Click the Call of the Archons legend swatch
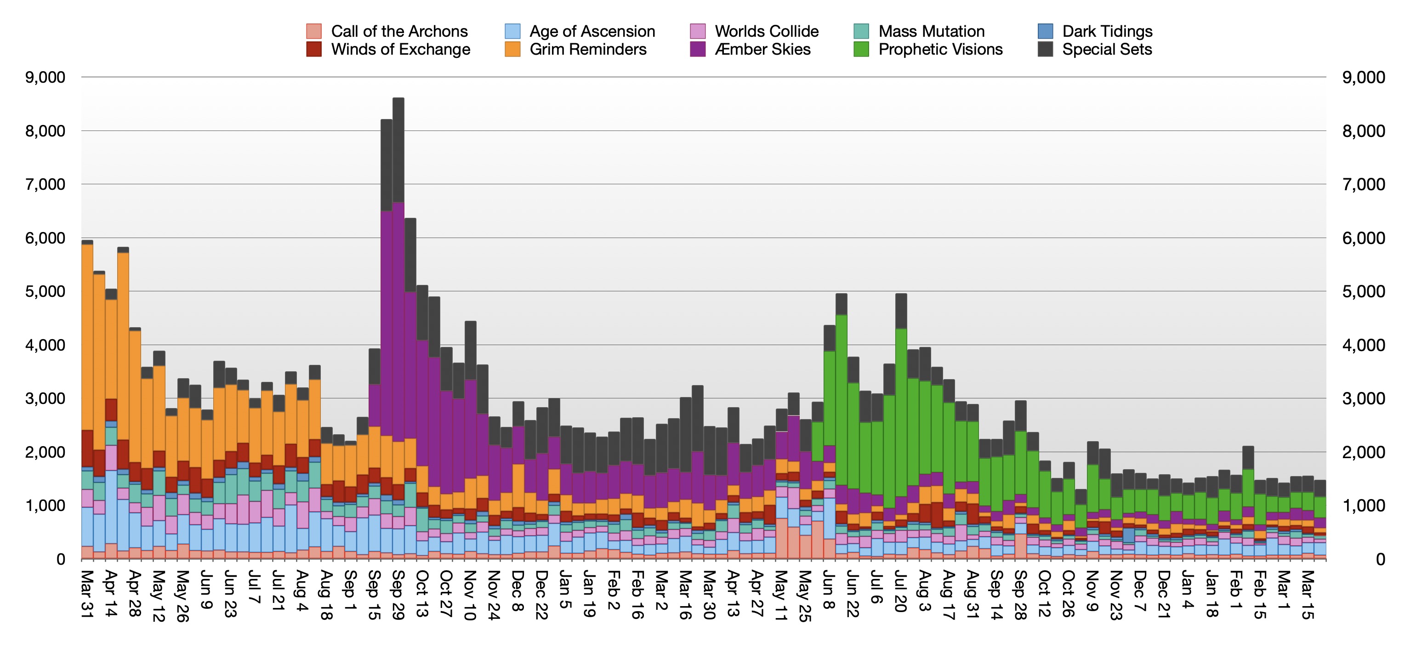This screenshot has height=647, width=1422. coord(313,31)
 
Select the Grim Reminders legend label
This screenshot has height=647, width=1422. coord(588,50)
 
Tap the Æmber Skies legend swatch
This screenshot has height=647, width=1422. coord(698,50)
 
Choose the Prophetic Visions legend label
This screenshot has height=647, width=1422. coord(940,50)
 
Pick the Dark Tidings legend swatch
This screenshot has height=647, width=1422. coord(1045,31)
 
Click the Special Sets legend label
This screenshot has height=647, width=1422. coord(1107,50)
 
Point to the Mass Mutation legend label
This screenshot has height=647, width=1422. coord(931,31)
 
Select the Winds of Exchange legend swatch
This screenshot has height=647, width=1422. coord(313,50)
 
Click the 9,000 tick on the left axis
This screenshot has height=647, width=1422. coord(45,77)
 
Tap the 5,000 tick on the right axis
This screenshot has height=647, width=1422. coord(1363,291)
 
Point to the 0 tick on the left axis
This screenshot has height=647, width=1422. coord(60,559)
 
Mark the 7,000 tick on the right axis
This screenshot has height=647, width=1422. coord(1363,184)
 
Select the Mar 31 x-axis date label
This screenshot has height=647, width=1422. coord(87,595)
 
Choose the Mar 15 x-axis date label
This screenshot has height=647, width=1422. coord(1307,595)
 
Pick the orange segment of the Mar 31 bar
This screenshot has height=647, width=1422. coord(87,337)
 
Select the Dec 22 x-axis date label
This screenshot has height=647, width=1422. coord(541,595)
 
